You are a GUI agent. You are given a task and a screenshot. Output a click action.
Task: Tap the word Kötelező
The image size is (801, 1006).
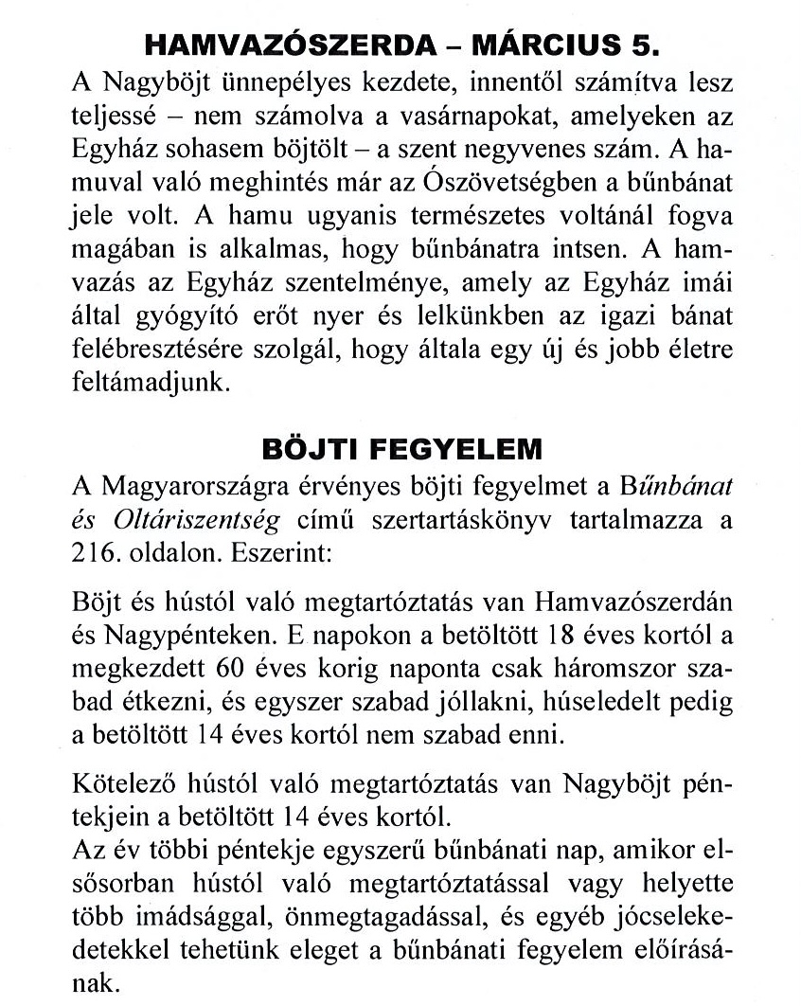pos(121,786)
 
